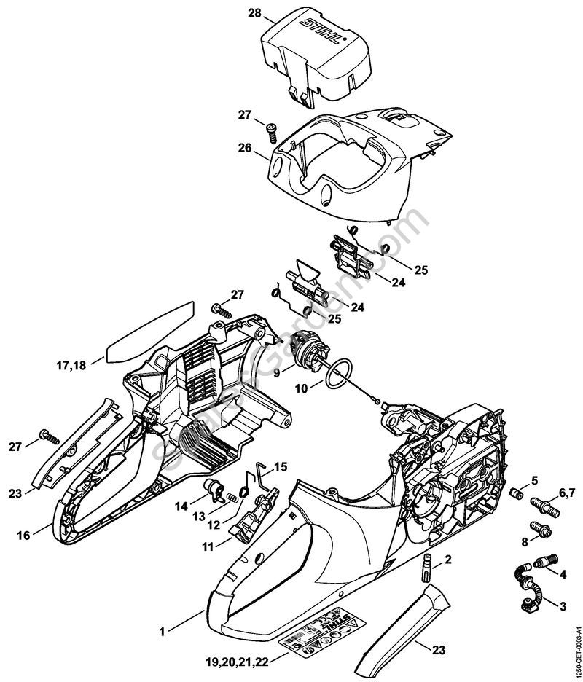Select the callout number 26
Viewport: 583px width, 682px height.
244,148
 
